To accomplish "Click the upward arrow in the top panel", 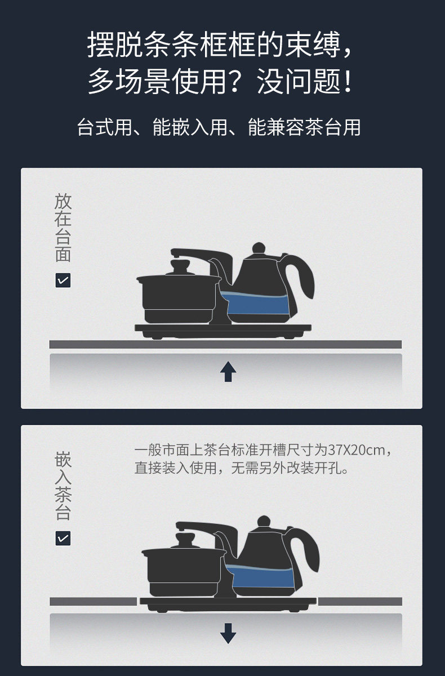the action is pos(228,371).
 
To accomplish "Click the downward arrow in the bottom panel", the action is pos(228,633).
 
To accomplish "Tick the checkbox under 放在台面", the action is pos(63,281).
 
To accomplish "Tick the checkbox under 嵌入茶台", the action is pos(63,539).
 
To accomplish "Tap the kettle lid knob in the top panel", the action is pos(259,248).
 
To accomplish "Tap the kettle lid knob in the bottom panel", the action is pos(264,521).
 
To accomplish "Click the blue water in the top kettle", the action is pos(256,303).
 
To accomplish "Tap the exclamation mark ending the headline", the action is pos(348,81).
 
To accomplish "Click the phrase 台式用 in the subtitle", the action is pos(104,127).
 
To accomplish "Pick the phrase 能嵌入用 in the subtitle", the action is pos(190,127).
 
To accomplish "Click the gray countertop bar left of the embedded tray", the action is pos(93,602).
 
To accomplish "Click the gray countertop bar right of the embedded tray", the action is pos(360,602).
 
